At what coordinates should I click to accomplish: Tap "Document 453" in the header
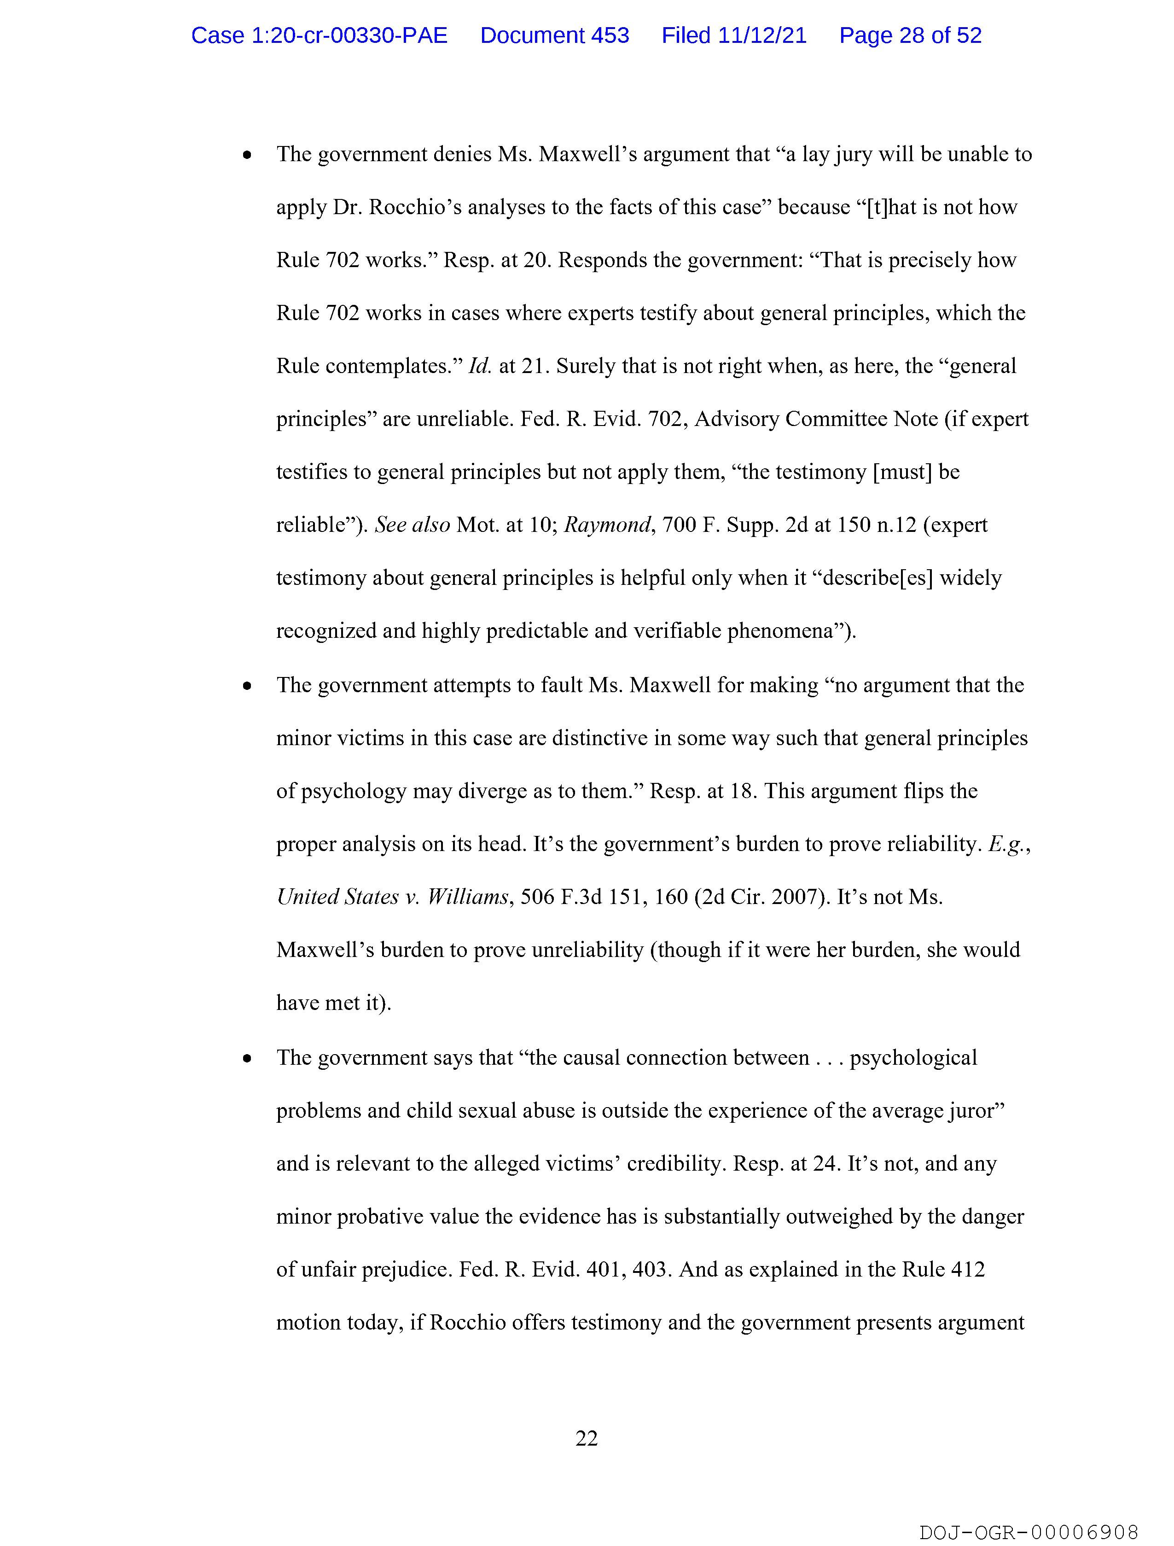tap(554, 35)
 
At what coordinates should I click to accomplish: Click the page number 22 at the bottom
tap(586, 1438)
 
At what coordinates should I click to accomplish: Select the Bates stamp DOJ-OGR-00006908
tap(1029, 1532)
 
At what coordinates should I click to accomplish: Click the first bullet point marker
tap(247, 156)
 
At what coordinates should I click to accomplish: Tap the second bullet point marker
tap(247, 686)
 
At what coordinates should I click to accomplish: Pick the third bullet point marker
tap(247, 1059)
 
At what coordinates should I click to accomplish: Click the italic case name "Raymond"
tap(607, 525)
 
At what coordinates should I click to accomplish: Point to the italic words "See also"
tap(413, 525)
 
